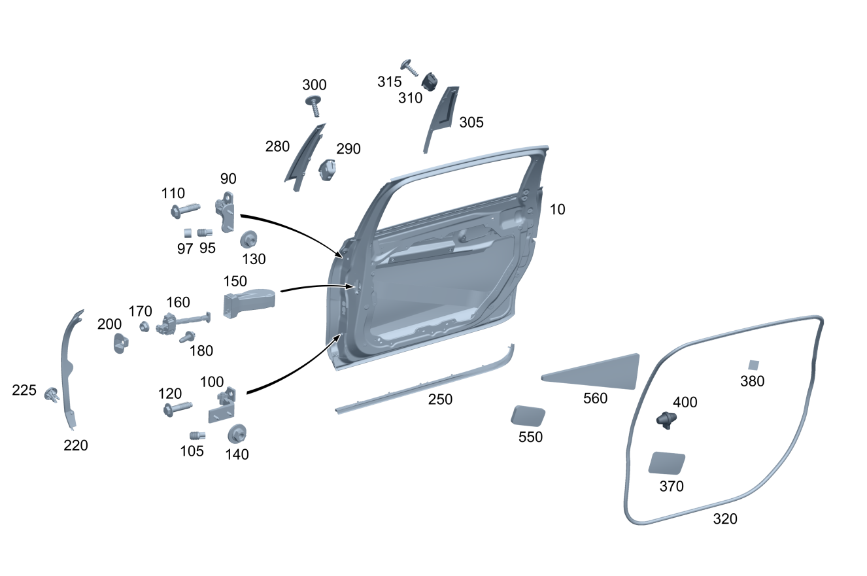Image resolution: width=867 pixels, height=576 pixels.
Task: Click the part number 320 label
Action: pyautogui.click(x=725, y=518)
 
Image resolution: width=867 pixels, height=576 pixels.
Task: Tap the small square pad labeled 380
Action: pyautogui.click(x=754, y=365)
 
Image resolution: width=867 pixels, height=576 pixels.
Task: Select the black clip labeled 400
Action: pyautogui.click(x=666, y=420)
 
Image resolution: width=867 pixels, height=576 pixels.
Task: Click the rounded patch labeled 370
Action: pyautogui.click(x=666, y=462)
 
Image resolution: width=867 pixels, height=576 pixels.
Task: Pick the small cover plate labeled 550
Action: pyautogui.click(x=528, y=416)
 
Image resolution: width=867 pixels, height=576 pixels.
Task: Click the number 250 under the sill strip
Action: pyautogui.click(x=440, y=399)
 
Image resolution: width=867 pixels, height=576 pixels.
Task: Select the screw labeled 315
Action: pyautogui.click(x=412, y=67)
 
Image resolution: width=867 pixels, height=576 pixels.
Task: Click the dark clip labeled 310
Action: pyautogui.click(x=430, y=82)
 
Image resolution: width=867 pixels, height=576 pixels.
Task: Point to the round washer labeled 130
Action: pyautogui.click(x=249, y=239)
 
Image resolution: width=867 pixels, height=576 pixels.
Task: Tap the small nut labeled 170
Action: pyautogui.click(x=144, y=326)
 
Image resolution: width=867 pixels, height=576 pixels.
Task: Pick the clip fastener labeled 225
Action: pyautogui.click(x=50, y=394)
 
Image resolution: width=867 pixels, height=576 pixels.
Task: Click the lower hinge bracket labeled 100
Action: pyautogui.click(x=222, y=405)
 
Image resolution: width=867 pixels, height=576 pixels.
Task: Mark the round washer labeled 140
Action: pyautogui.click(x=236, y=433)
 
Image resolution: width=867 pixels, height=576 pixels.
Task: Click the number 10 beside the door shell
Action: pyautogui.click(x=557, y=209)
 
